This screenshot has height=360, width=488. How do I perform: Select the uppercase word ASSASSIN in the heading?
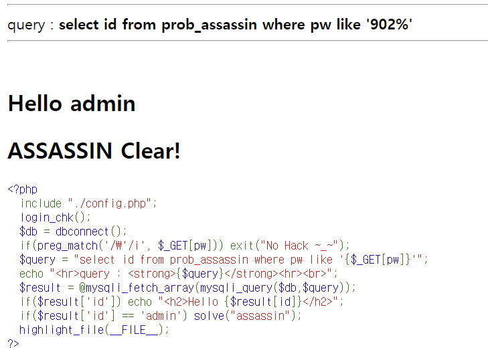coord(60,151)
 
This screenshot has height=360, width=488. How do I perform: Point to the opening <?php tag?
coord(22,189)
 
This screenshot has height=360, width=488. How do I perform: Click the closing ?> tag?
coord(13,344)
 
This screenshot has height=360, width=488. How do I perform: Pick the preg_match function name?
coord(64,246)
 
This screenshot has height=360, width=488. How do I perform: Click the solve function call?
coord(210,316)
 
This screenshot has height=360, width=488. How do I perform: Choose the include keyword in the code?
coord(41,203)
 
